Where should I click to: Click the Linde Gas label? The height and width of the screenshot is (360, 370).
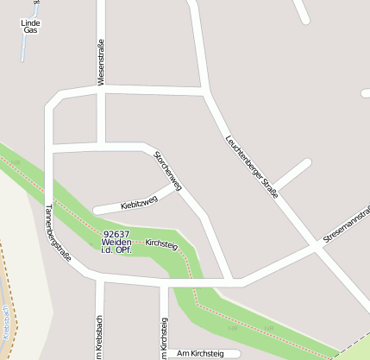coord(30,25)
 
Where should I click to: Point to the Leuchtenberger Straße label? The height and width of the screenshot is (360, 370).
coord(251,167)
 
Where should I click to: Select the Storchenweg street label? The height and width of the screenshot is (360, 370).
coord(167,170)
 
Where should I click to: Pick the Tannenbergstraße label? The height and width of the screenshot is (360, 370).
coord(58,232)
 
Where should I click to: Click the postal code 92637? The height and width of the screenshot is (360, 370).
coord(116,234)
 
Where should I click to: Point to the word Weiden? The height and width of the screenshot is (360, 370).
coord(116,242)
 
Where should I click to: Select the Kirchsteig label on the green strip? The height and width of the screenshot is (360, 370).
coord(161,244)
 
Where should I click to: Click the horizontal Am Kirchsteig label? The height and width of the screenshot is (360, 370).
coord(199,353)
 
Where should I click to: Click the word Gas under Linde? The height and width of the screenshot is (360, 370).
coord(30,29)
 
